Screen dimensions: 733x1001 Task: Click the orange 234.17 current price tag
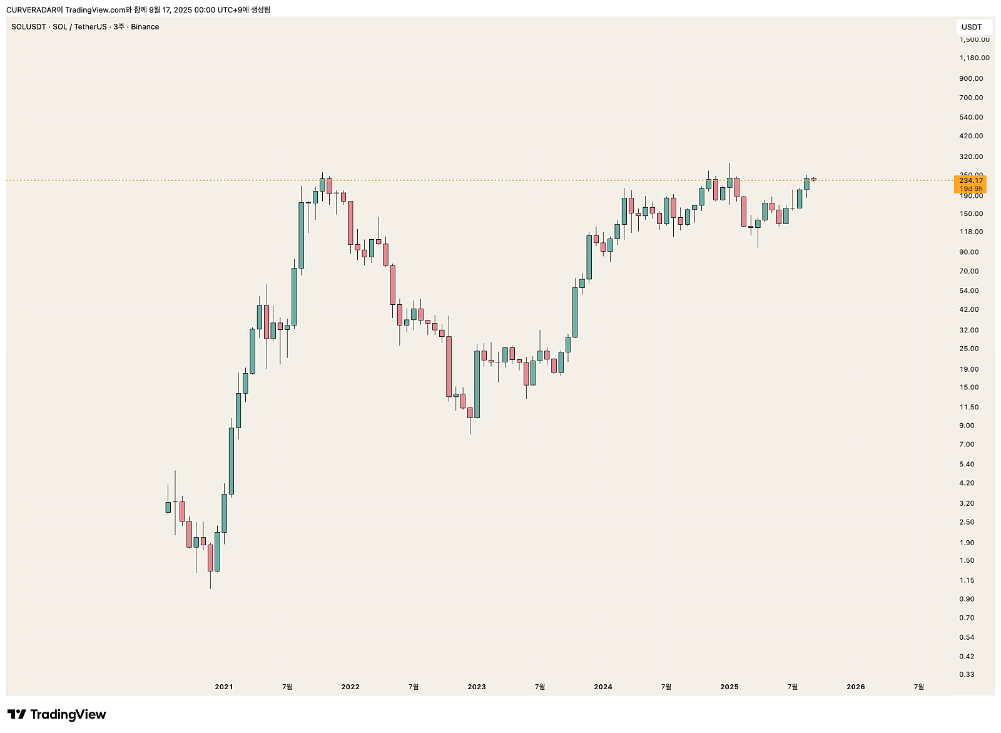971,180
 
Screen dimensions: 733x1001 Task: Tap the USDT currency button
972,27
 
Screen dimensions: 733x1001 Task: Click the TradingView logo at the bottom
57,714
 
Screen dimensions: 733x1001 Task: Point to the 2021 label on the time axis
223,687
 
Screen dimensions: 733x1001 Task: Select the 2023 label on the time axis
477,687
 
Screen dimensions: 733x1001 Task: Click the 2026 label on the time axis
855,687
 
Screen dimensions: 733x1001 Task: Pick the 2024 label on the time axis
603,687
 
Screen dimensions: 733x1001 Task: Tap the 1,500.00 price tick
974,39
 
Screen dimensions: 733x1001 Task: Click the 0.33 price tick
967,674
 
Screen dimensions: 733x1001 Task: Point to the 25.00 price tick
969,349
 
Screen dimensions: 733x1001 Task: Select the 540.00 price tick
971,117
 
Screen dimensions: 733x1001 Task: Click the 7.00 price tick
967,444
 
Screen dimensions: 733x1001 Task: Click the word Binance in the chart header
145,27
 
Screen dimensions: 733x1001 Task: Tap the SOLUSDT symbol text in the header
28,27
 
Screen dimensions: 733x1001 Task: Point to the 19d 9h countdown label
971,188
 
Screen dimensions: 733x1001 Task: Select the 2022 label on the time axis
350,687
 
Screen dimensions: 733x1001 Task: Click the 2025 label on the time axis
729,687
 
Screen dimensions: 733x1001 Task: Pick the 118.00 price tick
971,232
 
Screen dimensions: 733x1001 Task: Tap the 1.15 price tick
967,580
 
